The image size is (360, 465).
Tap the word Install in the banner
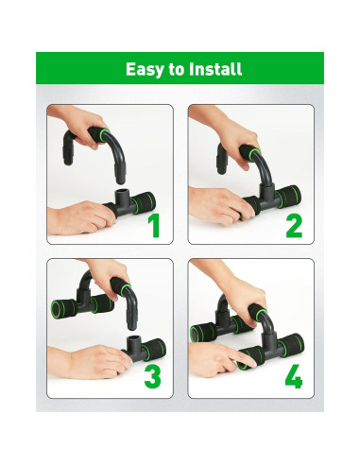tap(215, 68)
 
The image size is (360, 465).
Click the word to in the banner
tap(177, 69)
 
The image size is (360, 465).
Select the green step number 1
tap(154, 226)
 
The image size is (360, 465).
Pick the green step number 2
tap(294, 226)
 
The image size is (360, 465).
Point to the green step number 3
tap(153, 376)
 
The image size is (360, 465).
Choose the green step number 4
tap(294, 376)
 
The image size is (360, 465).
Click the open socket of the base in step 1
tap(122, 191)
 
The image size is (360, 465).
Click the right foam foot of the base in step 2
tap(288, 196)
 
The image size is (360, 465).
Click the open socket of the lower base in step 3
tap(134, 339)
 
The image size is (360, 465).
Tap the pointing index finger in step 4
tap(243, 358)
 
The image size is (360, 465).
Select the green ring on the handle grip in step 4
tap(261, 315)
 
